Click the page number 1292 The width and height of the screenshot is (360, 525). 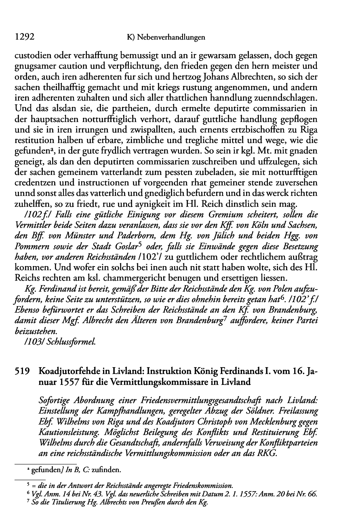[x=23, y=37]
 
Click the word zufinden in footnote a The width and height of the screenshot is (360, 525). [x=107, y=470]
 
